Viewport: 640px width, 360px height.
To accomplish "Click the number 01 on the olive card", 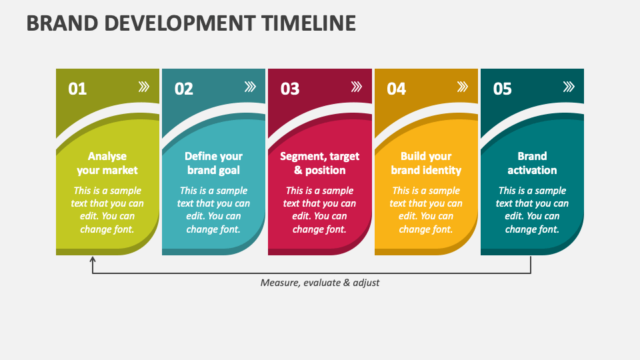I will click(77, 89).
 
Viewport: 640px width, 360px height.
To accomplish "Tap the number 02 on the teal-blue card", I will click(183, 89).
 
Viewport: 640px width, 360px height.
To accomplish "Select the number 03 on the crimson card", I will click(290, 89).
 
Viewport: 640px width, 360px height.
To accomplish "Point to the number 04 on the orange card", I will click(396, 89).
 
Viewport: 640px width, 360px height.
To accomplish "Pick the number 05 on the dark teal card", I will click(502, 89).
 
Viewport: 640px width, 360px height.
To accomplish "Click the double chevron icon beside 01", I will click(144, 87).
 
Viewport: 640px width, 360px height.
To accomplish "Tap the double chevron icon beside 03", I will click(357, 87).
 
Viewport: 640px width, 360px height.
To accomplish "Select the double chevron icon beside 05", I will click(569, 87).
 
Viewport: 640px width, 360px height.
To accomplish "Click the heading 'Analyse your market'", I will click(107, 163).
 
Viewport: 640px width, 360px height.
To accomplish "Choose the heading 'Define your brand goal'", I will click(213, 163).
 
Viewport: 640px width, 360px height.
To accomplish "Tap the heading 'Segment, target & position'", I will click(319, 163).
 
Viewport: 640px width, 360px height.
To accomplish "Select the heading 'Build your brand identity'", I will click(426, 163).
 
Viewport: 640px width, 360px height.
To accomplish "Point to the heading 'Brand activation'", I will click(532, 163).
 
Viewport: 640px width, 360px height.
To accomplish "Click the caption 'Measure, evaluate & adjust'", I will click(320, 283).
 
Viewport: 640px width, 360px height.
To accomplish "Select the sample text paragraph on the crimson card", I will click(319, 210).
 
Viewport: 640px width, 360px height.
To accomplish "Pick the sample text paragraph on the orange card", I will click(426, 210).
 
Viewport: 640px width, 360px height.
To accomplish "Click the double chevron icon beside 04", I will click(463, 87).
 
